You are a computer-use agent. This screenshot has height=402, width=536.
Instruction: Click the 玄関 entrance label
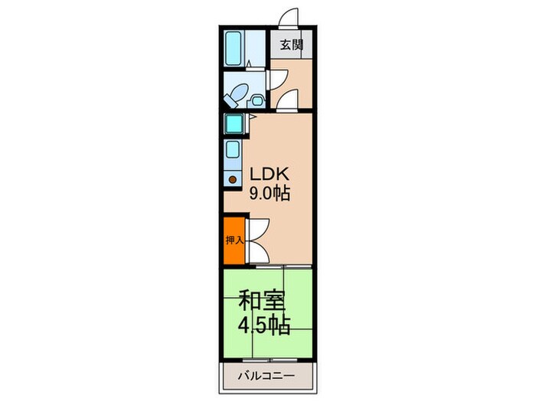(291, 45)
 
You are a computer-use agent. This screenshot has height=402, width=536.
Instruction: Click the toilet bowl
(237, 95)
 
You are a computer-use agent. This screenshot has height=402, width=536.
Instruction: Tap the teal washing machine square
(233, 123)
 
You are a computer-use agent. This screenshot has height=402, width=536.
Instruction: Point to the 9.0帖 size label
(268, 194)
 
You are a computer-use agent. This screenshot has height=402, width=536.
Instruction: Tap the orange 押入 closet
(234, 240)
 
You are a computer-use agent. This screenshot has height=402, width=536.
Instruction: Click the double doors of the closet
(256, 240)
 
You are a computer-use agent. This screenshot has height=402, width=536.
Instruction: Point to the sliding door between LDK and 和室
(283, 267)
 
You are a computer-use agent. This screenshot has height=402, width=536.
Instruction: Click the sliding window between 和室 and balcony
(268, 359)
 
